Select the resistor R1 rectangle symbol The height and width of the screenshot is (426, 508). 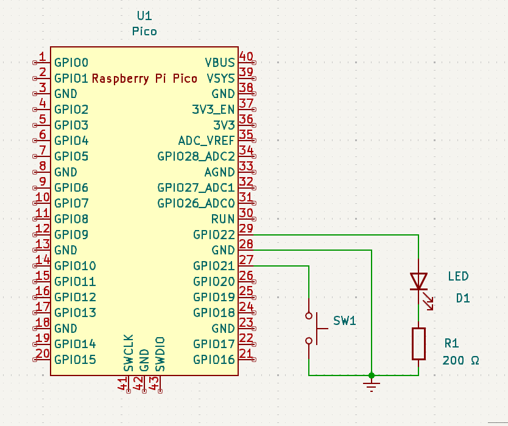coord(418,343)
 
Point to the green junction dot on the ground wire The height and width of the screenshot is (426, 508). coord(372,375)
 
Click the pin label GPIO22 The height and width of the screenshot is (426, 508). coord(214,235)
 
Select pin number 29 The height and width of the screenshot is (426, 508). coord(246,228)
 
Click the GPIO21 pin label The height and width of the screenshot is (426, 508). coord(214,266)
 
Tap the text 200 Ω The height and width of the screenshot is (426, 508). coord(461,360)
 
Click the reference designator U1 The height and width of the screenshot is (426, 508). coord(144,15)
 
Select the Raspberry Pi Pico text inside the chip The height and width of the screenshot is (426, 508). coord(144,79)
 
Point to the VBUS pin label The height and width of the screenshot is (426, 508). coord(220,63)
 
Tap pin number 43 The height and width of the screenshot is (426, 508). coord(155,384)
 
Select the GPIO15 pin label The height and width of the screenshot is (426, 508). coord(75,360)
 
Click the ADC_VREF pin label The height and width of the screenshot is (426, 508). coord(206,141)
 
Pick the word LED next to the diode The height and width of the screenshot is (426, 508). coord(458,276)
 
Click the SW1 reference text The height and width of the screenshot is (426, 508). coord(344,321)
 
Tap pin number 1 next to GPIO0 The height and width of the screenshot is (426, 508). coord(43,57)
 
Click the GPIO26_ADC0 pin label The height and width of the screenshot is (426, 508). coord(196,203)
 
